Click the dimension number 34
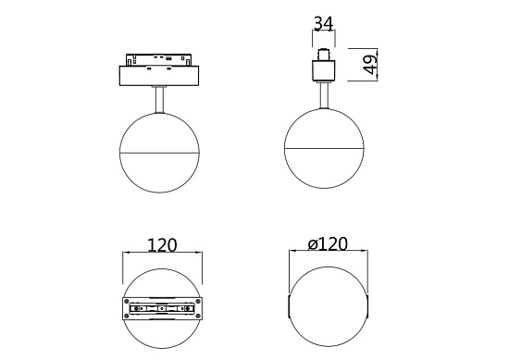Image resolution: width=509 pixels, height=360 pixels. [323, 22]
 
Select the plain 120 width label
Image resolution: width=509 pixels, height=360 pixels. [162, 245]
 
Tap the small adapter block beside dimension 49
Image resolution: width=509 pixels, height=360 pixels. [324, 70]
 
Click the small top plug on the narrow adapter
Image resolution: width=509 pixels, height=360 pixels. [324, 52]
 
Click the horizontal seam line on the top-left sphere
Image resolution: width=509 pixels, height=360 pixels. [161, 151]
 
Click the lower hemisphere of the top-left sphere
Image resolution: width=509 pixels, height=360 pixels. [161, 172]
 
